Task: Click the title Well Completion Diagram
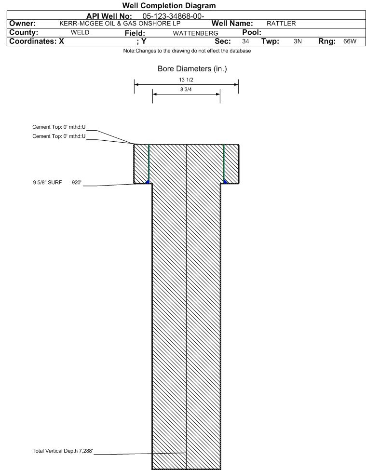pos(169,6)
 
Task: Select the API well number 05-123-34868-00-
pos(173,16)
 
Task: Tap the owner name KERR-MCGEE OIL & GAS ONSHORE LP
pos(120,24)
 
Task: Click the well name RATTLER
pos(281,24)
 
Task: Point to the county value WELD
pos(80,32)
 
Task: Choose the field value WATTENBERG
pos(195,33)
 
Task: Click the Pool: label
pos(252,32)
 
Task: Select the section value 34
pos(245,41)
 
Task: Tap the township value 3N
pos(298,41)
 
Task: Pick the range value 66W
pos(350,41)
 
